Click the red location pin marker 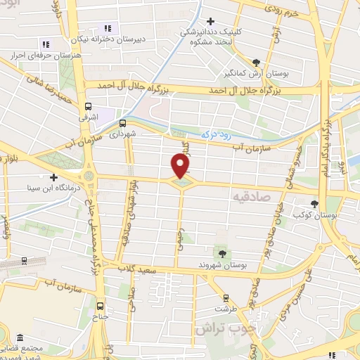tap(181, 166)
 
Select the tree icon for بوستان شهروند tap(222, 252)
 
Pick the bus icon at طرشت tap(225, 298)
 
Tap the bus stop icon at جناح tap(100, 306)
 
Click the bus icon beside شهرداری tap(124, 122)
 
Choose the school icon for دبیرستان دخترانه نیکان tap(108, 28)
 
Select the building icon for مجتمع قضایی tap(20, 339)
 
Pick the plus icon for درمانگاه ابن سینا tap(53, 176)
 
